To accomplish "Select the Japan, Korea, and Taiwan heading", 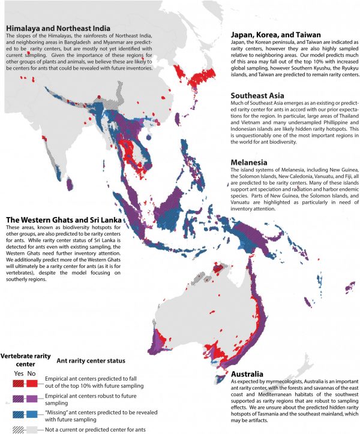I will [x=280, y=35].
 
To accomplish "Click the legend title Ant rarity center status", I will [x=91, y=361].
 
